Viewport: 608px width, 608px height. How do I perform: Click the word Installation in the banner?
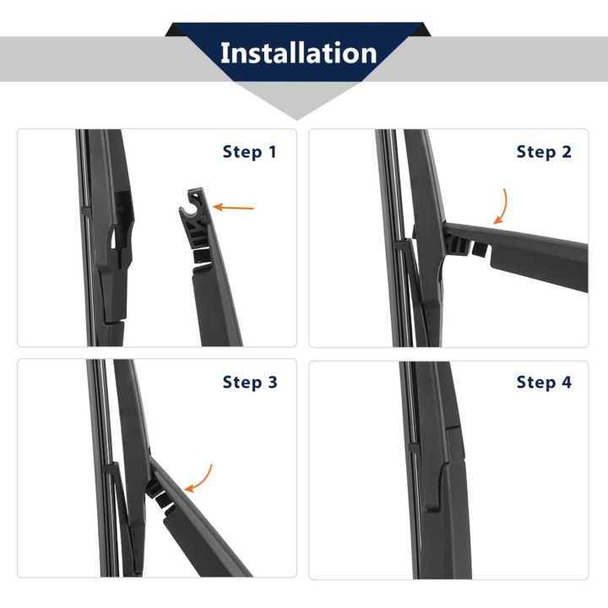[x=298, y=52]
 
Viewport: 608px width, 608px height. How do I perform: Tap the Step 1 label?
[x=249, y=152]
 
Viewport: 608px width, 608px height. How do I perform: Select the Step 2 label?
[x=544, y=152]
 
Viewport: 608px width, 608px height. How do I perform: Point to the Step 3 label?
[x=249, y=383]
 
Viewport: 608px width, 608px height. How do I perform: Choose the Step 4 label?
[x=544, y=383]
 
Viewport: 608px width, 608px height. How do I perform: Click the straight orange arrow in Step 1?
[x=233, y=206]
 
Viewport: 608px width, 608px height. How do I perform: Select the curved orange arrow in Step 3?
[x=200, y=478]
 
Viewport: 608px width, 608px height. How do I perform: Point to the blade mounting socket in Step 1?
[x=116, y=241]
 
